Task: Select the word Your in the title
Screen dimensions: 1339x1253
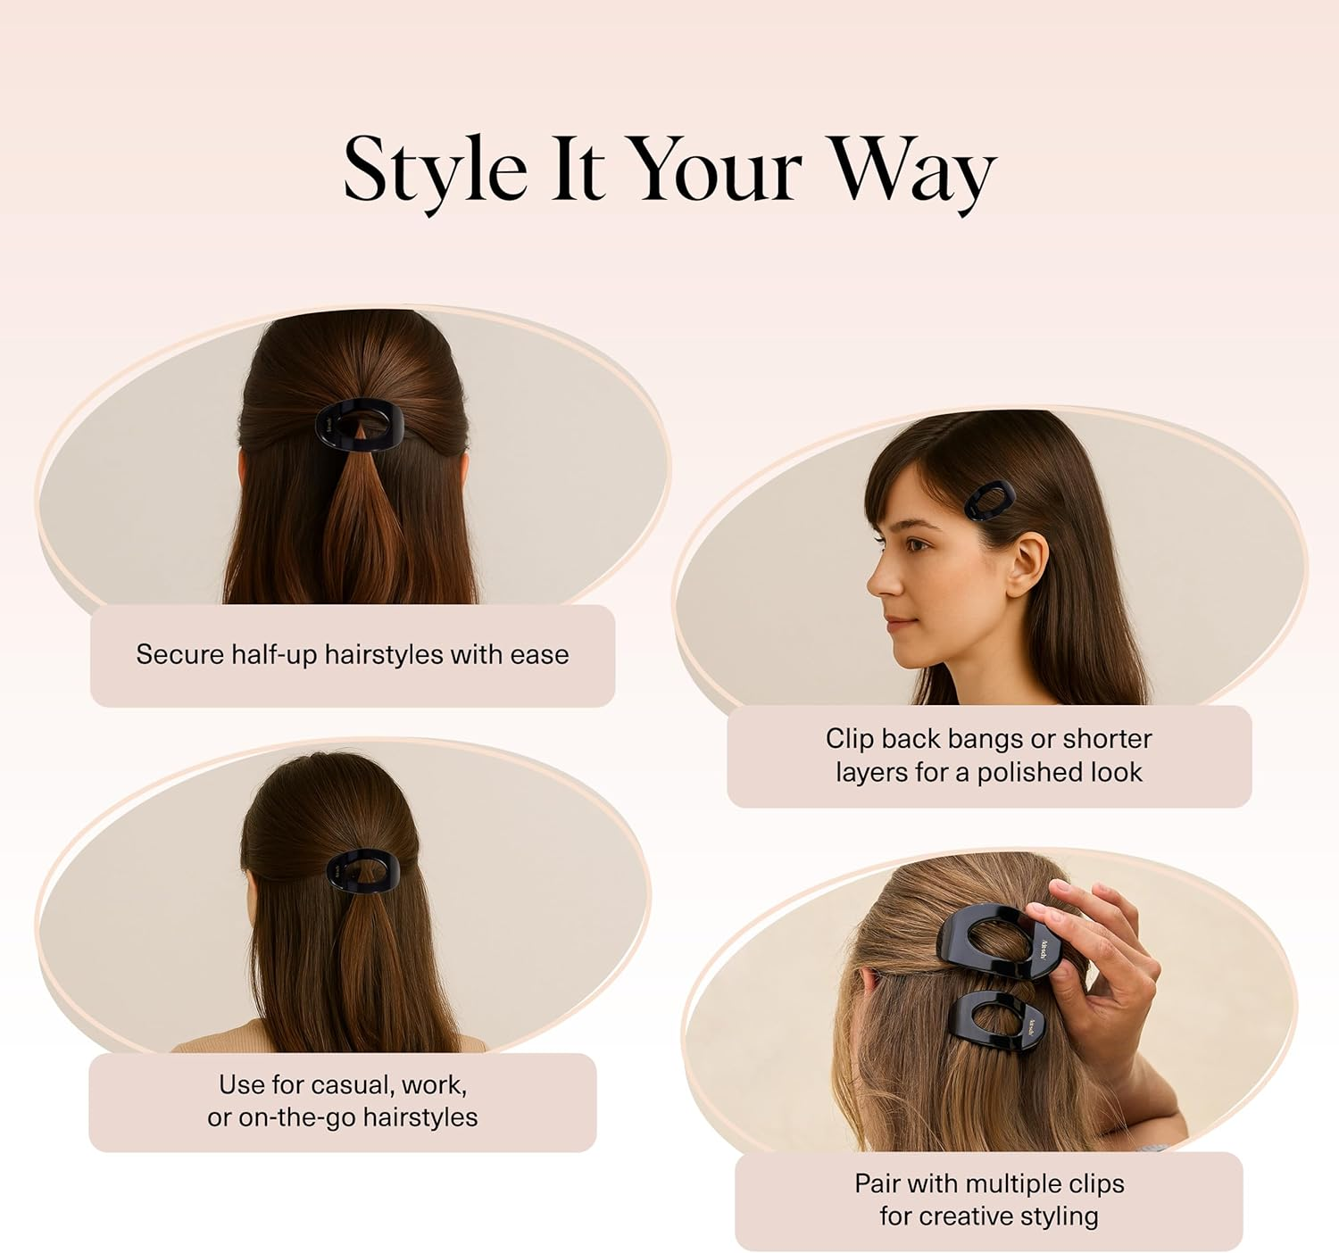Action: pyautogui.click(x=718, y=169)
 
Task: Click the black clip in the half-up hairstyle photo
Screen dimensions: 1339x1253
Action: pyautogui.click(x=360, y=426)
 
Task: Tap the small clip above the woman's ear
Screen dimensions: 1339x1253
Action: pyautogui.click(x=990, y=501)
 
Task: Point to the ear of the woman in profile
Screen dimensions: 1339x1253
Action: pyautogui.click(x=1026, y=562)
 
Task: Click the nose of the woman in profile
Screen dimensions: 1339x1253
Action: pyautogui.click(x=878, y=581)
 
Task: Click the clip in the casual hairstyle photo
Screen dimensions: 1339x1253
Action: pyautogui.click(x=362, y=872)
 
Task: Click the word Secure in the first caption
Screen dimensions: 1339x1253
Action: pyautogui.click(x=180, y=655)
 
